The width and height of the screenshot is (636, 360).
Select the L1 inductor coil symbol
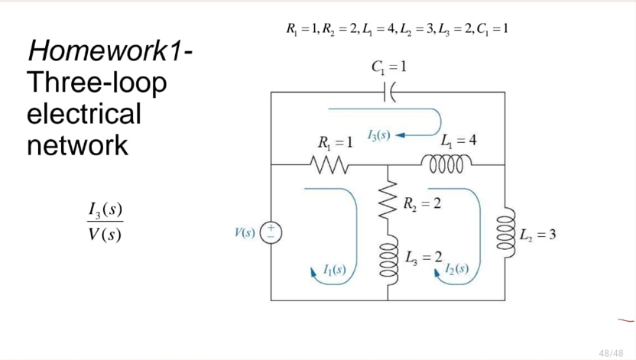pos(447,163)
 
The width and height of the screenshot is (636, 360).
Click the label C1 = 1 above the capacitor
pos(386,66)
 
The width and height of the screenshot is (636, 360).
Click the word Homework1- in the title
pos(109,52)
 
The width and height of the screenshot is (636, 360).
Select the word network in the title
pos(77,144)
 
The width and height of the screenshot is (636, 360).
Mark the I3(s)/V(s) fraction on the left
pos(105,222)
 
